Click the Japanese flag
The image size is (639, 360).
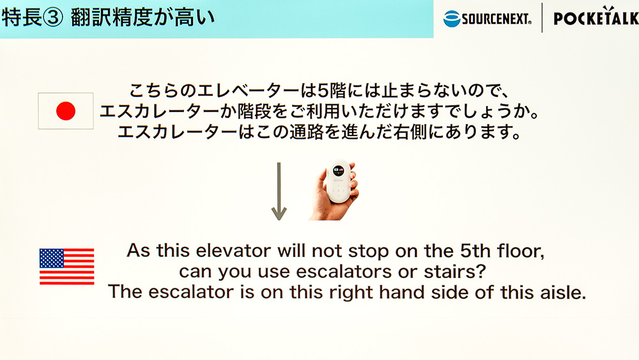pyautogui.click(x=66, y=111)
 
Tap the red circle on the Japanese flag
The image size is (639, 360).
pyautogui.click(x=66, y=111)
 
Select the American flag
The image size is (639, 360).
pyautogui.click(x=67, y=266)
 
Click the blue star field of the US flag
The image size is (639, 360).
pyautogui.click(x=52, y=258)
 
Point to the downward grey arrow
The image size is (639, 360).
pyautogui.click(x=279, y=191)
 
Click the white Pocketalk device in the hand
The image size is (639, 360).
pyautogui.click(x=338, y=180)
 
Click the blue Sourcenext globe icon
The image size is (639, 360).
pyautogui.click(x=452, y=19)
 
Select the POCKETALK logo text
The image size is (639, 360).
pyautogui.click(x=596, y=18)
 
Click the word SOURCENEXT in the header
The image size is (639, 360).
pyautogui.click(x=497, y=19)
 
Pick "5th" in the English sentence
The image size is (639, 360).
pyautogui.click(x=475, y=251)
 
